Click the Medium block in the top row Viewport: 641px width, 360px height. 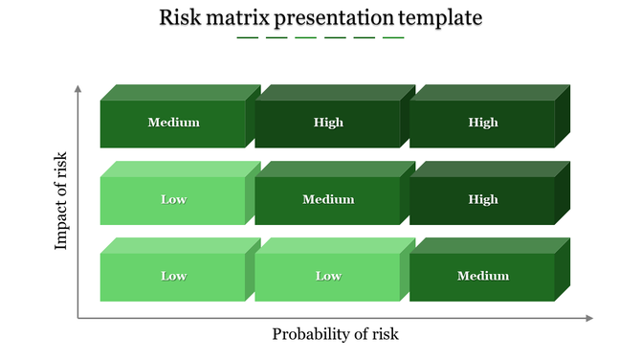(x=173, y=123)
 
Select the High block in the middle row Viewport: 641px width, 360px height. (x=483, y=199)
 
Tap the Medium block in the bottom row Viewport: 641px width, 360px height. (x=483, y=276)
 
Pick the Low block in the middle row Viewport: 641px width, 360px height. (x=173, y=199)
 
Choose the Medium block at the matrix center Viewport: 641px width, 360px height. (x=328, y=199)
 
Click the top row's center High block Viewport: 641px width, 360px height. (x=328, y=123)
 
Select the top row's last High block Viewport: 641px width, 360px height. (x=483, y=123)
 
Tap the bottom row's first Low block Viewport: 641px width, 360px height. (x=173, y=276)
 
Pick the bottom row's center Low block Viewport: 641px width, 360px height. (x=328, y=276)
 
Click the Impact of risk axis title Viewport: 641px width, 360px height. (x=62, y=201)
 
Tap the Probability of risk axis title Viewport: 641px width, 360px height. (x=335, y=334)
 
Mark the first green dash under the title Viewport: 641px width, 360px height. (x=247, y=38)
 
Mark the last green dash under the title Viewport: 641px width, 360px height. (x=393, y=38)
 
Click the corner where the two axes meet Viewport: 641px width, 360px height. (x=78, y=318)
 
